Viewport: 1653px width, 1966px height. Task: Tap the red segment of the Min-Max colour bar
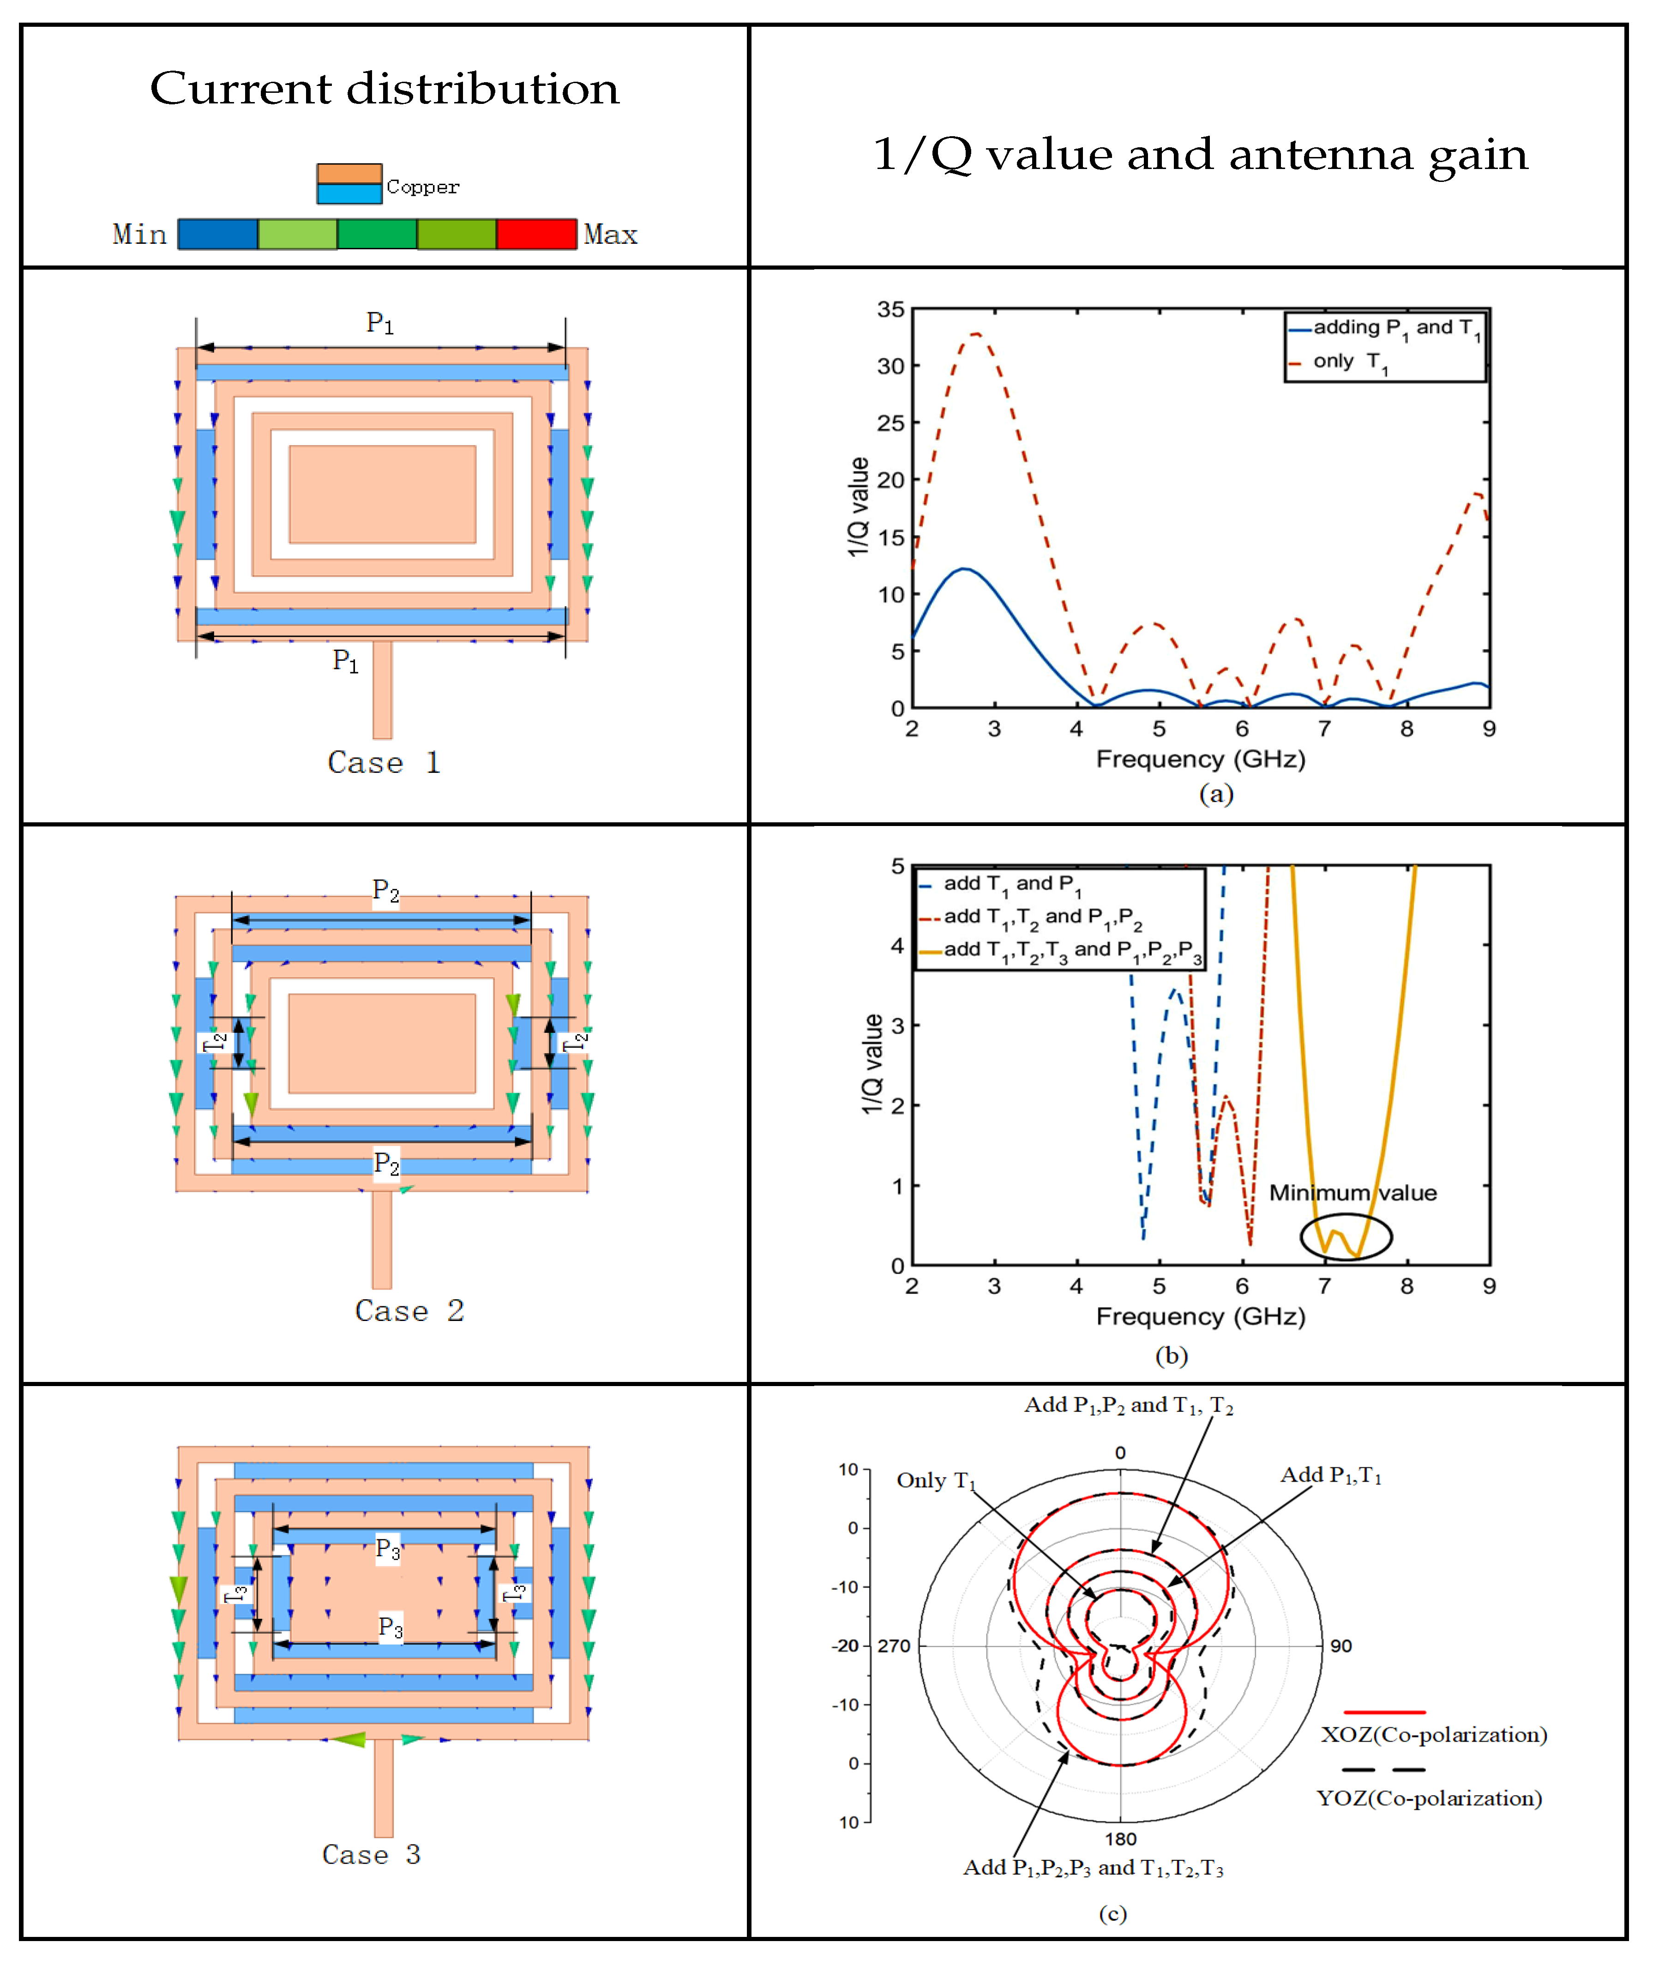536,234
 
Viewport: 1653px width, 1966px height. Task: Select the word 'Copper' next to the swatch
423,187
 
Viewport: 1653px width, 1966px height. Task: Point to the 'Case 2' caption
409,1311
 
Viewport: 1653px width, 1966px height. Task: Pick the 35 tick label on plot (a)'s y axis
890,309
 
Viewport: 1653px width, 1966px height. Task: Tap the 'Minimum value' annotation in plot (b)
1352,1193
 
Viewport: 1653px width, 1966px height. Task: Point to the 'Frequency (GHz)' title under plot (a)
1200,759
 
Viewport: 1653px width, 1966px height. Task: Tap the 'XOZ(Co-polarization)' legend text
1434,1735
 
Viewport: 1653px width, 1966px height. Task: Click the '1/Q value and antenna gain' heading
1200,155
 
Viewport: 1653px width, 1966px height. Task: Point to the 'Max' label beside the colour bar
610,234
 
